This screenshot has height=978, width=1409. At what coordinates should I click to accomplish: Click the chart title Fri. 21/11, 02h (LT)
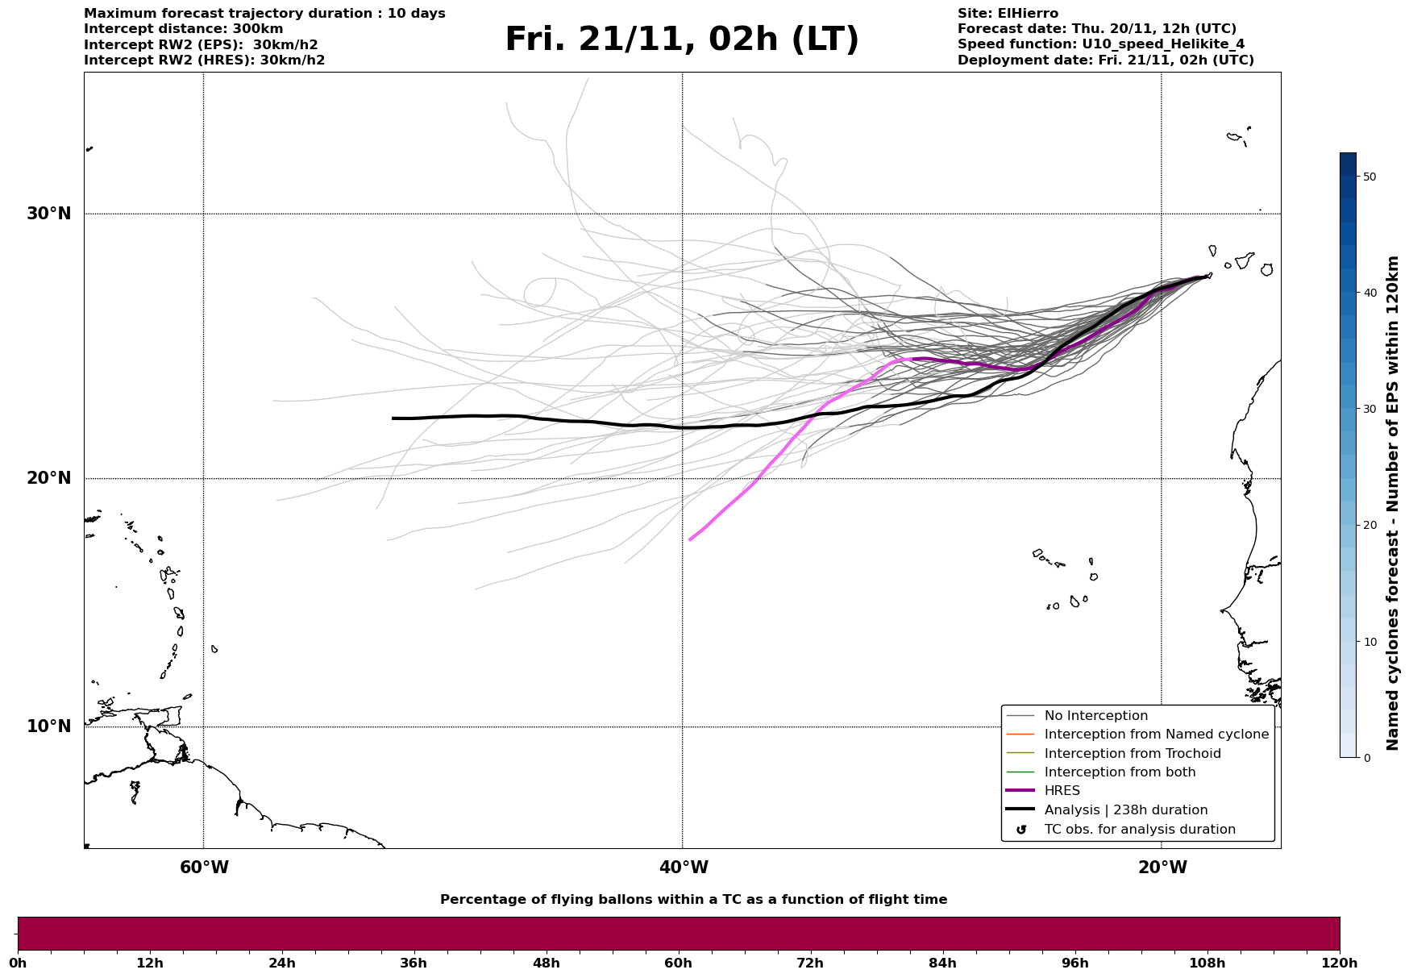[x=682, y=40]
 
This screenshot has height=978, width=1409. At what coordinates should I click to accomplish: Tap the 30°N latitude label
[x=49, y=214]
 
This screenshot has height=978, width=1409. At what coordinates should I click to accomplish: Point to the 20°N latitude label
[x=49, y=478]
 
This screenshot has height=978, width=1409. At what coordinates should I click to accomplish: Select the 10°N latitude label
[x=49, y=726]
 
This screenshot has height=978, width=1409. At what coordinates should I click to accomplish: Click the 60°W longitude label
[x=204, y=868]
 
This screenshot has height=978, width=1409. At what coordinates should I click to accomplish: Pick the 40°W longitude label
[x=684, y=868]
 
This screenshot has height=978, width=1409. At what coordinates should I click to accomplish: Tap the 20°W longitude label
[x=1162, y=868]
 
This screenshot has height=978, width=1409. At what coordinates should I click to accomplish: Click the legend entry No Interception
[x=1095, y=716]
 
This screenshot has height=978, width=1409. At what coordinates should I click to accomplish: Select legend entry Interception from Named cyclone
[x=1156, y=735]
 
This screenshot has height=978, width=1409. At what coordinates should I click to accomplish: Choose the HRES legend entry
[x=1062, y=791]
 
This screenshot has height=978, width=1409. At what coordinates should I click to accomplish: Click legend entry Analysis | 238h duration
[x=1125, y=810]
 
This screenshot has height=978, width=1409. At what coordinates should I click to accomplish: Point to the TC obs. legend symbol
[x=1021, y=830]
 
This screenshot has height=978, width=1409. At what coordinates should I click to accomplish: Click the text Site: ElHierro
[x=1008, y=14]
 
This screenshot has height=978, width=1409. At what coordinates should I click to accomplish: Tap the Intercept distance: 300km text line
[x=183, y=29]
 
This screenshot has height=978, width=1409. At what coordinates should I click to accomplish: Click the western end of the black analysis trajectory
[x=393, y=418]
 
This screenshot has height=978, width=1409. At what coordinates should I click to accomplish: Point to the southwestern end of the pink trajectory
[x=690, y=539]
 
